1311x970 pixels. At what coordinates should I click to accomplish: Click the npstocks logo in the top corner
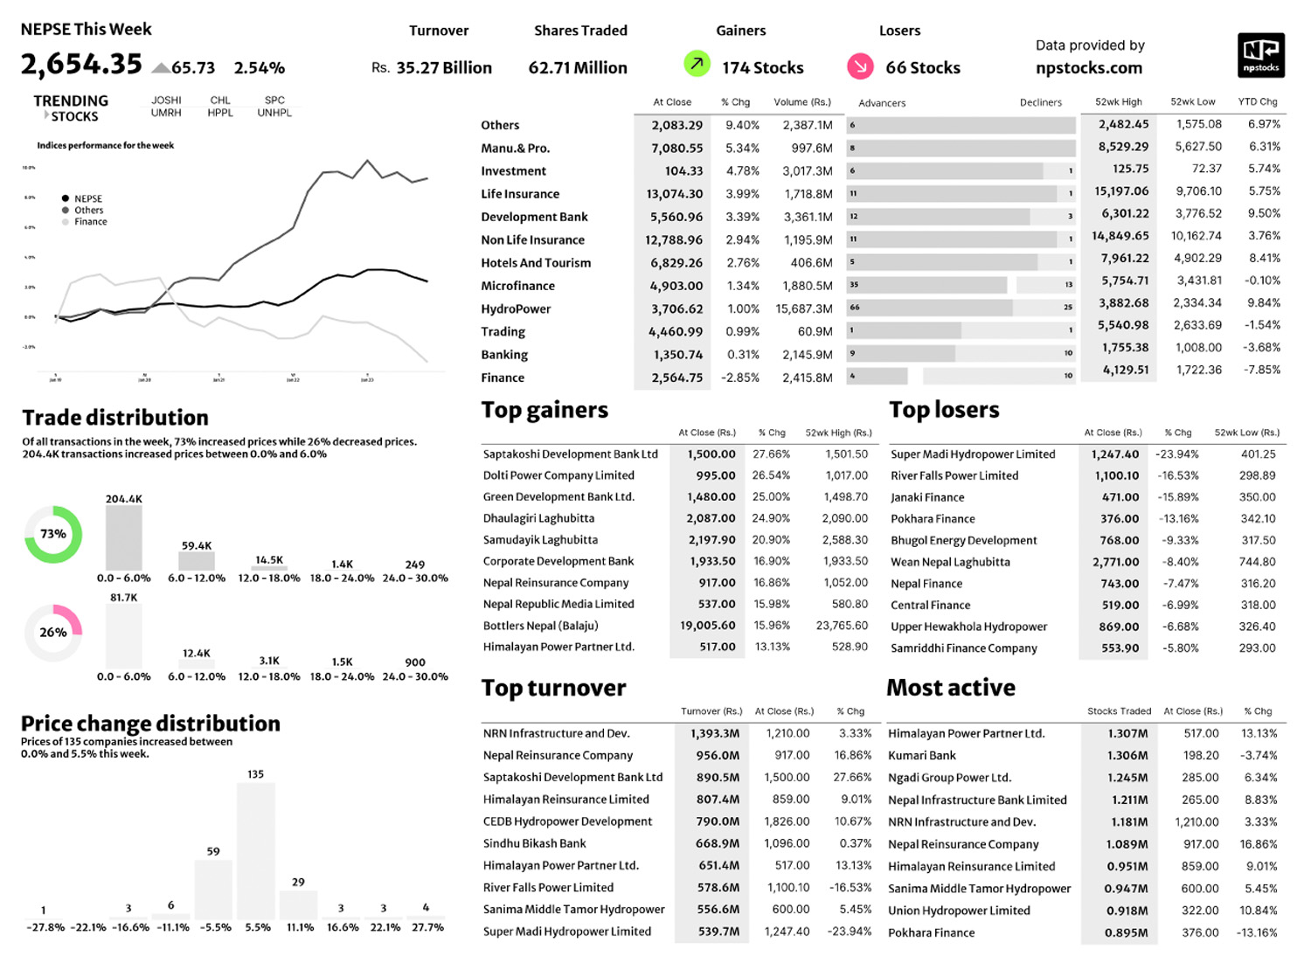click(1260, 55)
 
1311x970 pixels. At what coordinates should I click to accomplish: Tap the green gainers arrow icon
click(697, 64)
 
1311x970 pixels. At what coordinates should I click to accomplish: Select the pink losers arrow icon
click(860, 66)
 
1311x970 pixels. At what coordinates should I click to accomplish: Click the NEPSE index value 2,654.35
click(81, 65)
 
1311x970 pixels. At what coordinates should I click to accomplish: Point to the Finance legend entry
click(90, 222)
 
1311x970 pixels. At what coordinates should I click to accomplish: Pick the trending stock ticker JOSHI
click(166, 100)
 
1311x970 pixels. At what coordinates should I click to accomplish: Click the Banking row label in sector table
click(504, 355)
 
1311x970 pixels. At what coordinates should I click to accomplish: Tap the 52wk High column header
click(1119, 102)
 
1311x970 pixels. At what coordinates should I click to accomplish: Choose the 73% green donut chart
click(53, 534)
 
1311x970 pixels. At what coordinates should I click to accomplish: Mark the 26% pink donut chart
click(53, 632)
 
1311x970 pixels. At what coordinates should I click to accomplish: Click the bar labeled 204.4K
click(124, 538)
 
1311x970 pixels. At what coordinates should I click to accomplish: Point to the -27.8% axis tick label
click(45, 927)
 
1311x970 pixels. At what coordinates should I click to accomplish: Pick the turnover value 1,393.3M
click(714, 734)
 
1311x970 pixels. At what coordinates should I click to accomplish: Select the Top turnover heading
click(553, 689)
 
